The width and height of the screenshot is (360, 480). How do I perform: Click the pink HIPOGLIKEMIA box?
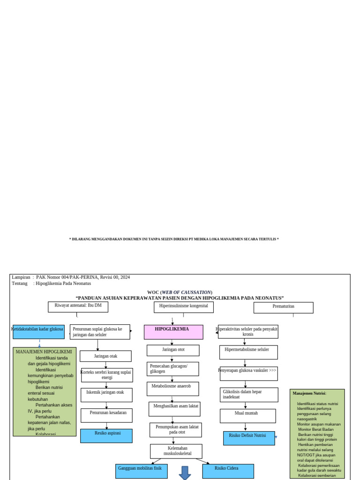173,332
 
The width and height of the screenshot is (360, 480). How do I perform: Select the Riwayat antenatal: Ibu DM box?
78,307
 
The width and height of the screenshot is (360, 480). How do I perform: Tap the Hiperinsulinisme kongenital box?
184,307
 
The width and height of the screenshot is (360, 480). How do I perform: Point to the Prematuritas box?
283,307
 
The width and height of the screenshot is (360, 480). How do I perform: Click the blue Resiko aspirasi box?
106,435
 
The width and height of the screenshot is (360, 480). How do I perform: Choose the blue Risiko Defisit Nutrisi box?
249,438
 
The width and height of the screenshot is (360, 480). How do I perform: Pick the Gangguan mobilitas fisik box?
142,471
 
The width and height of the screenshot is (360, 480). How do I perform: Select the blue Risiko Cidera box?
228,471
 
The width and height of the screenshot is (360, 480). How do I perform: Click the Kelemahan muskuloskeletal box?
176,451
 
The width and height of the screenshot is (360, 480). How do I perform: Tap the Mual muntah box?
247,415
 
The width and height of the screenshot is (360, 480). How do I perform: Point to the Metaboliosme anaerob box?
172,388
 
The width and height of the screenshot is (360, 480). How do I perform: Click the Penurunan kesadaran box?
106,415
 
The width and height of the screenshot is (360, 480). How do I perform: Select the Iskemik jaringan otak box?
106,395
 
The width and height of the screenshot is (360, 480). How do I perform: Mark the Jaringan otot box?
173,350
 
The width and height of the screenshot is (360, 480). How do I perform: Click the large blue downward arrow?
185,473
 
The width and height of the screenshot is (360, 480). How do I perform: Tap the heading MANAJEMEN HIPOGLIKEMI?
44,352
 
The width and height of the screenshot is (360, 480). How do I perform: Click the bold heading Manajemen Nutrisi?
309,393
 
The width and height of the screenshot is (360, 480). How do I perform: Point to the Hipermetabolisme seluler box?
248,352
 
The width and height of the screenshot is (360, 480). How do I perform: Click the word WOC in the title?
153,292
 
